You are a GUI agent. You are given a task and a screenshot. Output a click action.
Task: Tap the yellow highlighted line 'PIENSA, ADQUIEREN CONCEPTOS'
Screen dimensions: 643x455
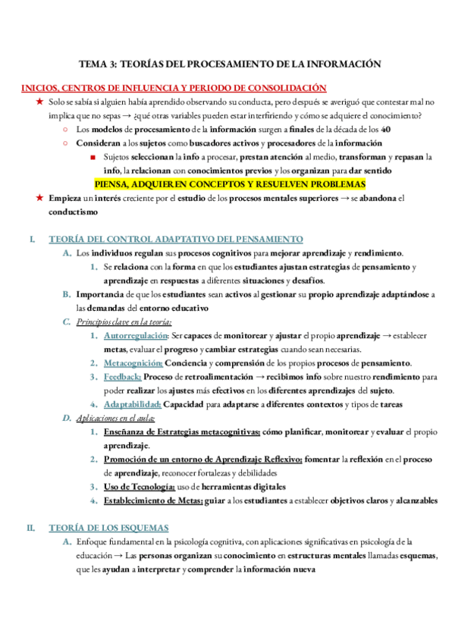pos(229,184)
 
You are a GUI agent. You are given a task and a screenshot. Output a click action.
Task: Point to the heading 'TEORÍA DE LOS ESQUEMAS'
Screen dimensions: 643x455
pos(108,528)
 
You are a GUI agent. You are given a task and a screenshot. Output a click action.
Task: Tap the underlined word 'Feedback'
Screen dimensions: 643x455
pos(122,377)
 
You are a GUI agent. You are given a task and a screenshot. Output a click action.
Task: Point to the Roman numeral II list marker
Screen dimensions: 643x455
pos(31,528)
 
